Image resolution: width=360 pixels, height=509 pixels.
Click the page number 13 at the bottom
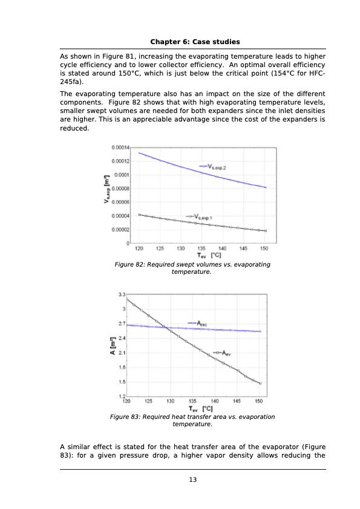(x=192, y=480)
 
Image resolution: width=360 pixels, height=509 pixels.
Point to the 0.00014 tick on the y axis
(x=120, y=148)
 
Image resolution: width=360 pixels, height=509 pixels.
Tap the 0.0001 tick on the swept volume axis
(x=121, y=175)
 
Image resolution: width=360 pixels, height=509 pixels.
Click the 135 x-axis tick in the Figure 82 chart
(x=201, y=248)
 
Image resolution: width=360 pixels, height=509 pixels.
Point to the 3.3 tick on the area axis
(x=121, y=294)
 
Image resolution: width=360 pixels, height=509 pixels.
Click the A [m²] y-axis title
(x=112, y=345)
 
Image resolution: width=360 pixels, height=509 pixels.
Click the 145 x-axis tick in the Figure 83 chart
(x=237, y=400)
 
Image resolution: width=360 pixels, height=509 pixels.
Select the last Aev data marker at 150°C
(x=260, y=383)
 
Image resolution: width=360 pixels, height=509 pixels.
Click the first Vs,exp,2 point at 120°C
(x=139, y=153)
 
